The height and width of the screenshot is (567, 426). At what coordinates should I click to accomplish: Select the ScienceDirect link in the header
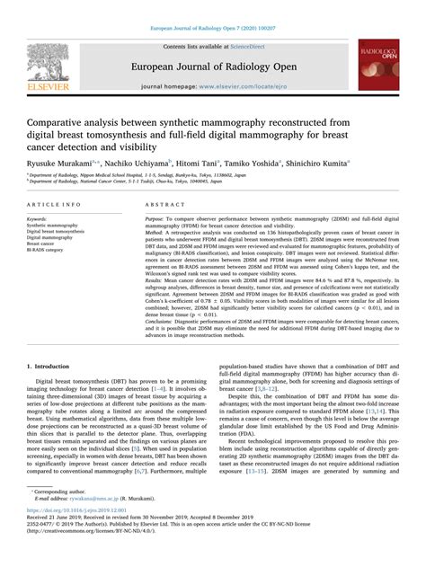click(x=253, y=47)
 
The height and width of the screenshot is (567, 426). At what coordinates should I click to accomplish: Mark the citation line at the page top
click(x=213, y=6)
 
